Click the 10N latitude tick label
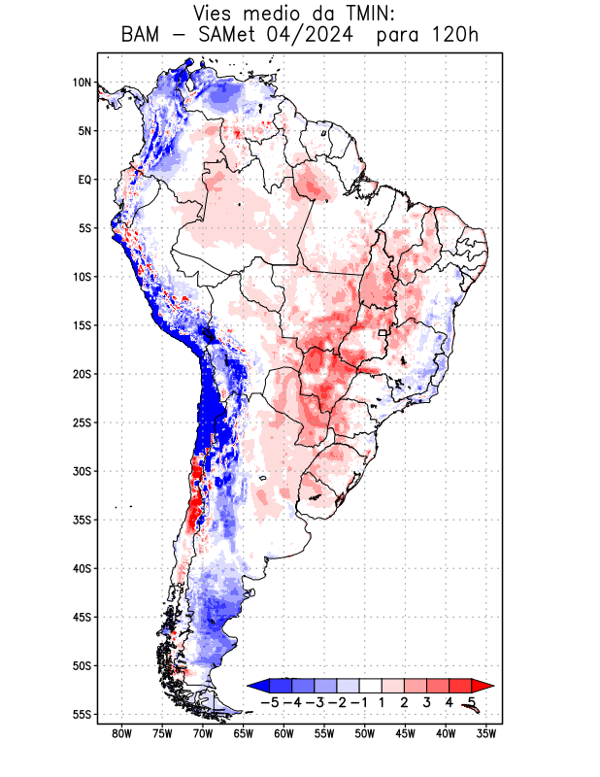[82, 83]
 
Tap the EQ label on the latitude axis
[84, 180]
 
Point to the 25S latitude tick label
[82, 422]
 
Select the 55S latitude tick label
[82, 714]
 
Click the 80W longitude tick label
[122, 733]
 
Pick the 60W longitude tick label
[284, 733]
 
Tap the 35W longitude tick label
[487, 733]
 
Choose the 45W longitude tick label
[406, 733]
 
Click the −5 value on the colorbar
[269, 702]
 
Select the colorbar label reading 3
[426, 702]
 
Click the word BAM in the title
[144, 36]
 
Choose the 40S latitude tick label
[82, 568]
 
